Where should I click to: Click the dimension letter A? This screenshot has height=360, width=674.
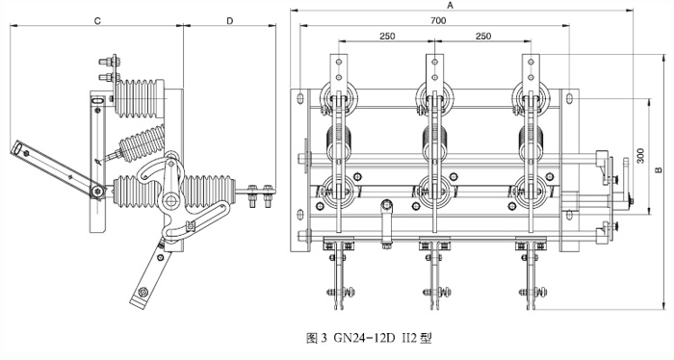pyautogui.click(x=450, y=5)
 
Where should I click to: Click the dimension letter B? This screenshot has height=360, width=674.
pyautogui.click(x=659, y=170)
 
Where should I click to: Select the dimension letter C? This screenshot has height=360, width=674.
pyautogui.click(x=97, y=21)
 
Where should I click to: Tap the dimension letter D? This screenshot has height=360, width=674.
pyautogui.click(x=230, y=21)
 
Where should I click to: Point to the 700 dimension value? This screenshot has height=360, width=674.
pyautogui.click(x=438, y=20)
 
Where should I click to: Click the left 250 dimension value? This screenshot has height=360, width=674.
pyautogui.click(x=387, y=36)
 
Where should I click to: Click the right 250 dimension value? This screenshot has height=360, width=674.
pyautogui.click(x=483, y=36)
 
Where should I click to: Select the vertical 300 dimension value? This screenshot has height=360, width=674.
pyautogui.click(x=641, y=156)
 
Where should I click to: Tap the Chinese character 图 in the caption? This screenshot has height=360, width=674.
pyautogui.click(x=312, y=338)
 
